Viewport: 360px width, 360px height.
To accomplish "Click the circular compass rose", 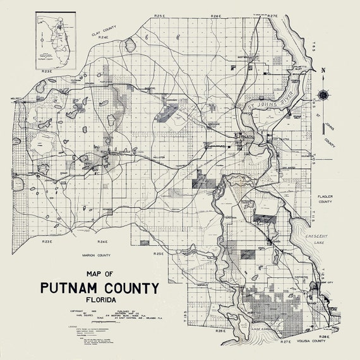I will [x=323, y=95].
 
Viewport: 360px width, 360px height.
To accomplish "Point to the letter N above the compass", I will [x=323, y=70].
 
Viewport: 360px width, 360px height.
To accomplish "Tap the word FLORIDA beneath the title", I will [x=100, y=301].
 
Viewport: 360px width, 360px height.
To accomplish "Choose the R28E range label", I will [x=323, y=337].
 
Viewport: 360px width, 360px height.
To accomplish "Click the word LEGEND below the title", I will [x=62, y=326].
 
